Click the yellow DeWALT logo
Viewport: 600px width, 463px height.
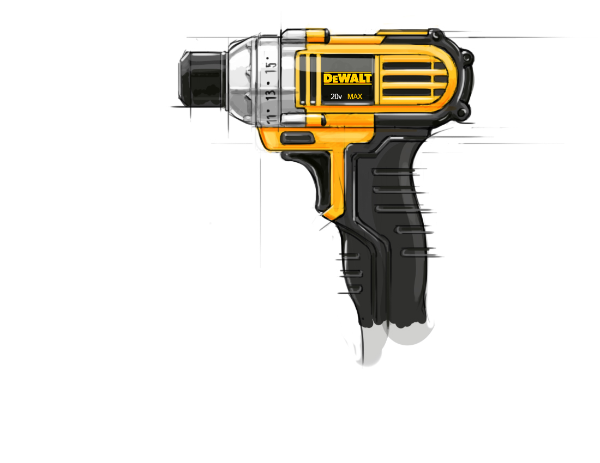347,78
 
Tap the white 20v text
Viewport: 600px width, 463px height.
336,97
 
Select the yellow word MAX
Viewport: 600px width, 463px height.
355,97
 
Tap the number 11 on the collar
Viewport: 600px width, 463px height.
269,115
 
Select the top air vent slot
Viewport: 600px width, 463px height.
406,65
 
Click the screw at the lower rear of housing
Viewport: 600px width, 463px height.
463,113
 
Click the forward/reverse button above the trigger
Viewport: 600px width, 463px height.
297,138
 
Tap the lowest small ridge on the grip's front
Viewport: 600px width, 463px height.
352,290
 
